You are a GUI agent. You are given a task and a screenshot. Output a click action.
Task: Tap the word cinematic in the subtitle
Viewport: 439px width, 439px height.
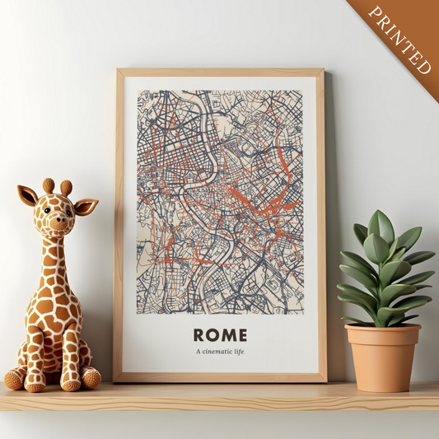pos(220,353)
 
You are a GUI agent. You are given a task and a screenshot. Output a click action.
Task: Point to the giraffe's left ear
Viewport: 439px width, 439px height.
pos(27,196)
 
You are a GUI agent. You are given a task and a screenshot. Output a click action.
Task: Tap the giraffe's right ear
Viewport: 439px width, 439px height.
pos(86,206)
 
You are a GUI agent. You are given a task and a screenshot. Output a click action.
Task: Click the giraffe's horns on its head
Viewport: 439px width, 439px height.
pos(58,187)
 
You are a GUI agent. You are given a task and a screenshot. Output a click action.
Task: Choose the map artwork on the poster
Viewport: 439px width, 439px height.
pos(219,197)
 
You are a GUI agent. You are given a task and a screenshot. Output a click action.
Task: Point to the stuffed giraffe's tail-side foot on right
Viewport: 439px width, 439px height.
pos(91,377)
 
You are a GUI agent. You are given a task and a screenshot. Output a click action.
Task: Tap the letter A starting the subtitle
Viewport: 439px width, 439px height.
pos(198,353)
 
